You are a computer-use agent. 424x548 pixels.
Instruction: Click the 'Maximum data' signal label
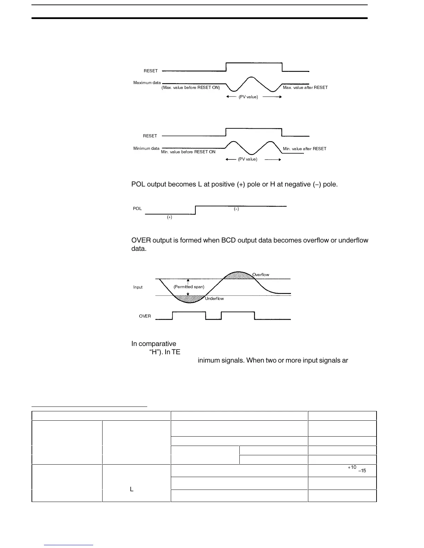pos(147,83)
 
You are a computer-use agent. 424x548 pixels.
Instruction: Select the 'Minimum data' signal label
pos(146,149)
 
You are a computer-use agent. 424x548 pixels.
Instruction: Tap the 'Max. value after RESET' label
pos(305,88)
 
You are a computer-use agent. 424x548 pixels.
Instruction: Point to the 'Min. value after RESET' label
pos(304,149)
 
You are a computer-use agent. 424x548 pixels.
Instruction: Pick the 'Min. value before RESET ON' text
pos(188,152)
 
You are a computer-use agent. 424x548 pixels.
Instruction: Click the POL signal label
pos(137,209)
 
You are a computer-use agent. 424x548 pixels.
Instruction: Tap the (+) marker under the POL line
pos(169,217)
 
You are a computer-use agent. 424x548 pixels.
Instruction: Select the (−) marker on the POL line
pos(236,209)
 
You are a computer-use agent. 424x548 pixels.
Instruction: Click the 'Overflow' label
pos(260,275)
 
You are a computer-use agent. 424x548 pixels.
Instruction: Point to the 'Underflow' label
pos(214,299)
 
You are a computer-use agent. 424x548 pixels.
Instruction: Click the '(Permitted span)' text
pos(189,287)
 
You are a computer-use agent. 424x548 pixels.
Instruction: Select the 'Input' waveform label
pos(138,287)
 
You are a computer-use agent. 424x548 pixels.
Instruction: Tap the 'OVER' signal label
pos(145,316)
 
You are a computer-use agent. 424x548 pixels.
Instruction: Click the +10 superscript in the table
pos(352,467)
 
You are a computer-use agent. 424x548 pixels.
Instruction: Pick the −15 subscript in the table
pos(362,471)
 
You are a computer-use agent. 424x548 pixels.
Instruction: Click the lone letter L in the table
pos(132,489)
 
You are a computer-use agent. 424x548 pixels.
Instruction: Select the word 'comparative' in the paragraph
pos(158,344)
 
